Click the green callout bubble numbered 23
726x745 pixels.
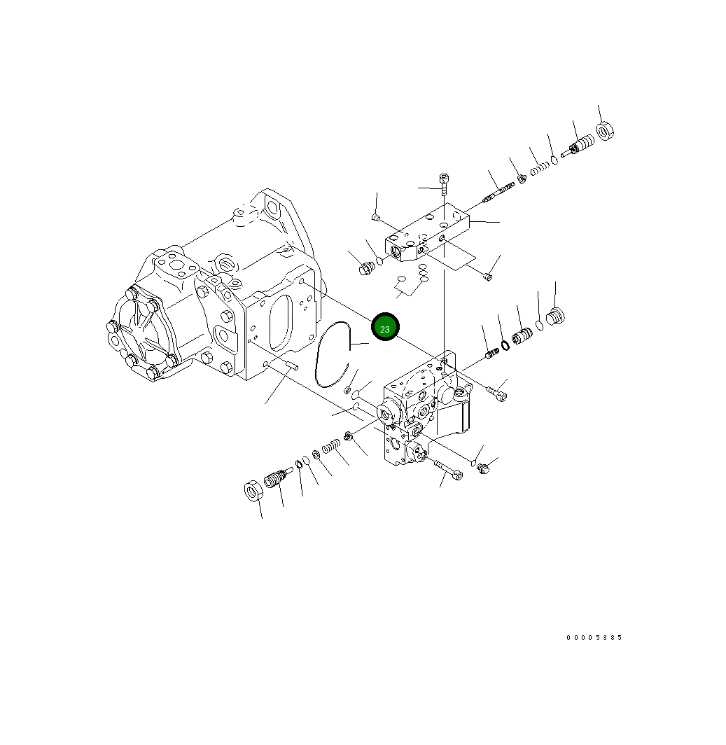385,327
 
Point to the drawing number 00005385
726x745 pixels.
594,638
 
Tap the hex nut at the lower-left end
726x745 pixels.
253,491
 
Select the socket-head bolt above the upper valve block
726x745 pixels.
443,184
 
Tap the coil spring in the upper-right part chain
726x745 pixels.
538,168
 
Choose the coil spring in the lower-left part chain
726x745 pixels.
330,446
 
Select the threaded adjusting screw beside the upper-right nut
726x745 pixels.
579,146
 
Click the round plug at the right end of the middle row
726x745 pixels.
555,316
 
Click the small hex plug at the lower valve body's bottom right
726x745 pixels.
482,468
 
